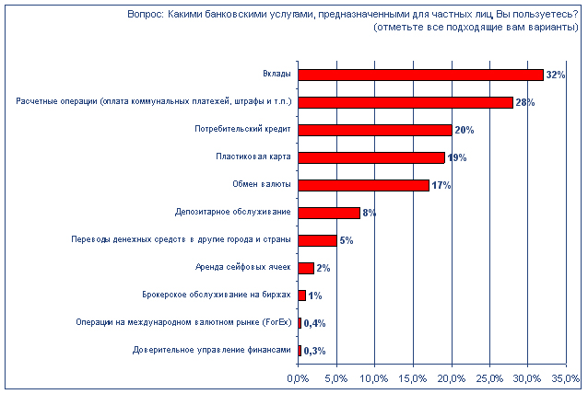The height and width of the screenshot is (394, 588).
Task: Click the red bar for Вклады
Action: (x=420, y=75)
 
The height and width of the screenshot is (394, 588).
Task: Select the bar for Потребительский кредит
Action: (x=374, y=130)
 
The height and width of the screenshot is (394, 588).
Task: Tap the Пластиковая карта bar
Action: (x=370, y=157)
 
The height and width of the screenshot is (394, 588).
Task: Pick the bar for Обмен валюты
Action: (x=363, y=185)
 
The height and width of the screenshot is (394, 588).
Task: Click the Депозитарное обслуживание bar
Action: (x=328, y=213)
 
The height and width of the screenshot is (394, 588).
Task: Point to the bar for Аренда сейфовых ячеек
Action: (x=306, y=268)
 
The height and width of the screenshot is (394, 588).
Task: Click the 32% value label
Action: (x=555, y=75)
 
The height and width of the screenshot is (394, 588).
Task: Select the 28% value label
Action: (x=525, y=102)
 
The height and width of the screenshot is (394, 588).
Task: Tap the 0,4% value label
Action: (x=314, y=323)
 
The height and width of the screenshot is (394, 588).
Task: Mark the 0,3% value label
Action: (x=314, y=351)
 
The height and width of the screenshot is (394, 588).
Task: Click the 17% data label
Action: (x=441, y=185)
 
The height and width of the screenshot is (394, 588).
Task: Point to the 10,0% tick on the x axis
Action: (x=374, y=379)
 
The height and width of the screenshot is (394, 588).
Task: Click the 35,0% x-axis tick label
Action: (x=566, y=379)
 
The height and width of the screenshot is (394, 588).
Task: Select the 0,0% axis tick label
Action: (x=298, y=379)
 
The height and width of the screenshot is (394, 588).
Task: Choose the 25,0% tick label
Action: (x=489, y=379)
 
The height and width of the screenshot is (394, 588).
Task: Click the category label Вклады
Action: (x=277, y=75)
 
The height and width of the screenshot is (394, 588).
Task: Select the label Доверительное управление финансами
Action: (x=212, y=351)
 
